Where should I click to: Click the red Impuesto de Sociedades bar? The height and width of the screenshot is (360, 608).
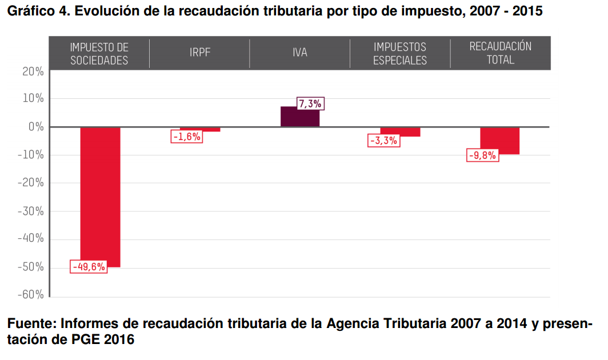(x=100, y=194)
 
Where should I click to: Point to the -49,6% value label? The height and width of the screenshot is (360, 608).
(x=89, y=266)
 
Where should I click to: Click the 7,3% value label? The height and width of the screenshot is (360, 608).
(x=310, y=103)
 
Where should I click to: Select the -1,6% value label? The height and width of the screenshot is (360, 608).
(x=186, y=136)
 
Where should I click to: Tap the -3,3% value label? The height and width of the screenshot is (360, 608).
(x=383, y=141)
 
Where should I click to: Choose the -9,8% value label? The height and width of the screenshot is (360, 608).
(x=482, y=155)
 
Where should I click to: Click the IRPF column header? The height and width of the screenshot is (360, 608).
(x=199, y=53)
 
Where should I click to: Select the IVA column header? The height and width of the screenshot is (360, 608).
(x=299, y=53)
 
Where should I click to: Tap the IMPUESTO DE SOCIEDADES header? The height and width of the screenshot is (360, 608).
(x=99, y=53)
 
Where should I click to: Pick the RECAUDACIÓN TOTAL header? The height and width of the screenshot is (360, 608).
(x=500, y=53)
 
